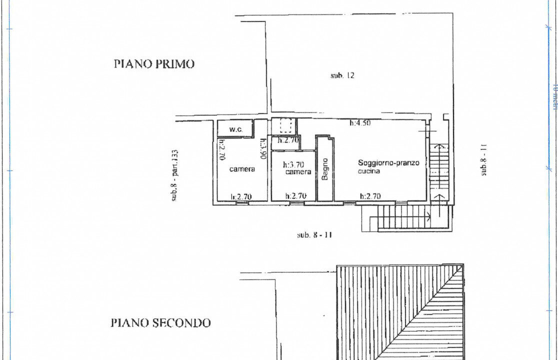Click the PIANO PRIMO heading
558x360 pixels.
click(154, 64)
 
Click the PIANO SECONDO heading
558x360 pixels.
click(160, 323)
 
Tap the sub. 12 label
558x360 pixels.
click(342, 75)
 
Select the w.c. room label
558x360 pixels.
click(236, 129)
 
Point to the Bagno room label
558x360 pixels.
click(325, 169)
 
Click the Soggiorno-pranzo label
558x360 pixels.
click(388, 163)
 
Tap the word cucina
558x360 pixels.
click(369, 171)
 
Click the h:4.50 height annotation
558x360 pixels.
click(360, 123)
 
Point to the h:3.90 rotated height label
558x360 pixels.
click(262, 148)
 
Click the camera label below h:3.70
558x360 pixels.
click(298, 172)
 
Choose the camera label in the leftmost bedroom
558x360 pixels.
click(242, 169)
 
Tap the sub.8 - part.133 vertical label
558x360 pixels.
click(175, 175)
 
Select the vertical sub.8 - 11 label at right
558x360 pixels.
click(483, 160)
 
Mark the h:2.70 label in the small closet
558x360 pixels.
click(288, 140)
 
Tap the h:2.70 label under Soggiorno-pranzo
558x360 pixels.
click(370, 196)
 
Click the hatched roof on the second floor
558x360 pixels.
click(400, 310)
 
